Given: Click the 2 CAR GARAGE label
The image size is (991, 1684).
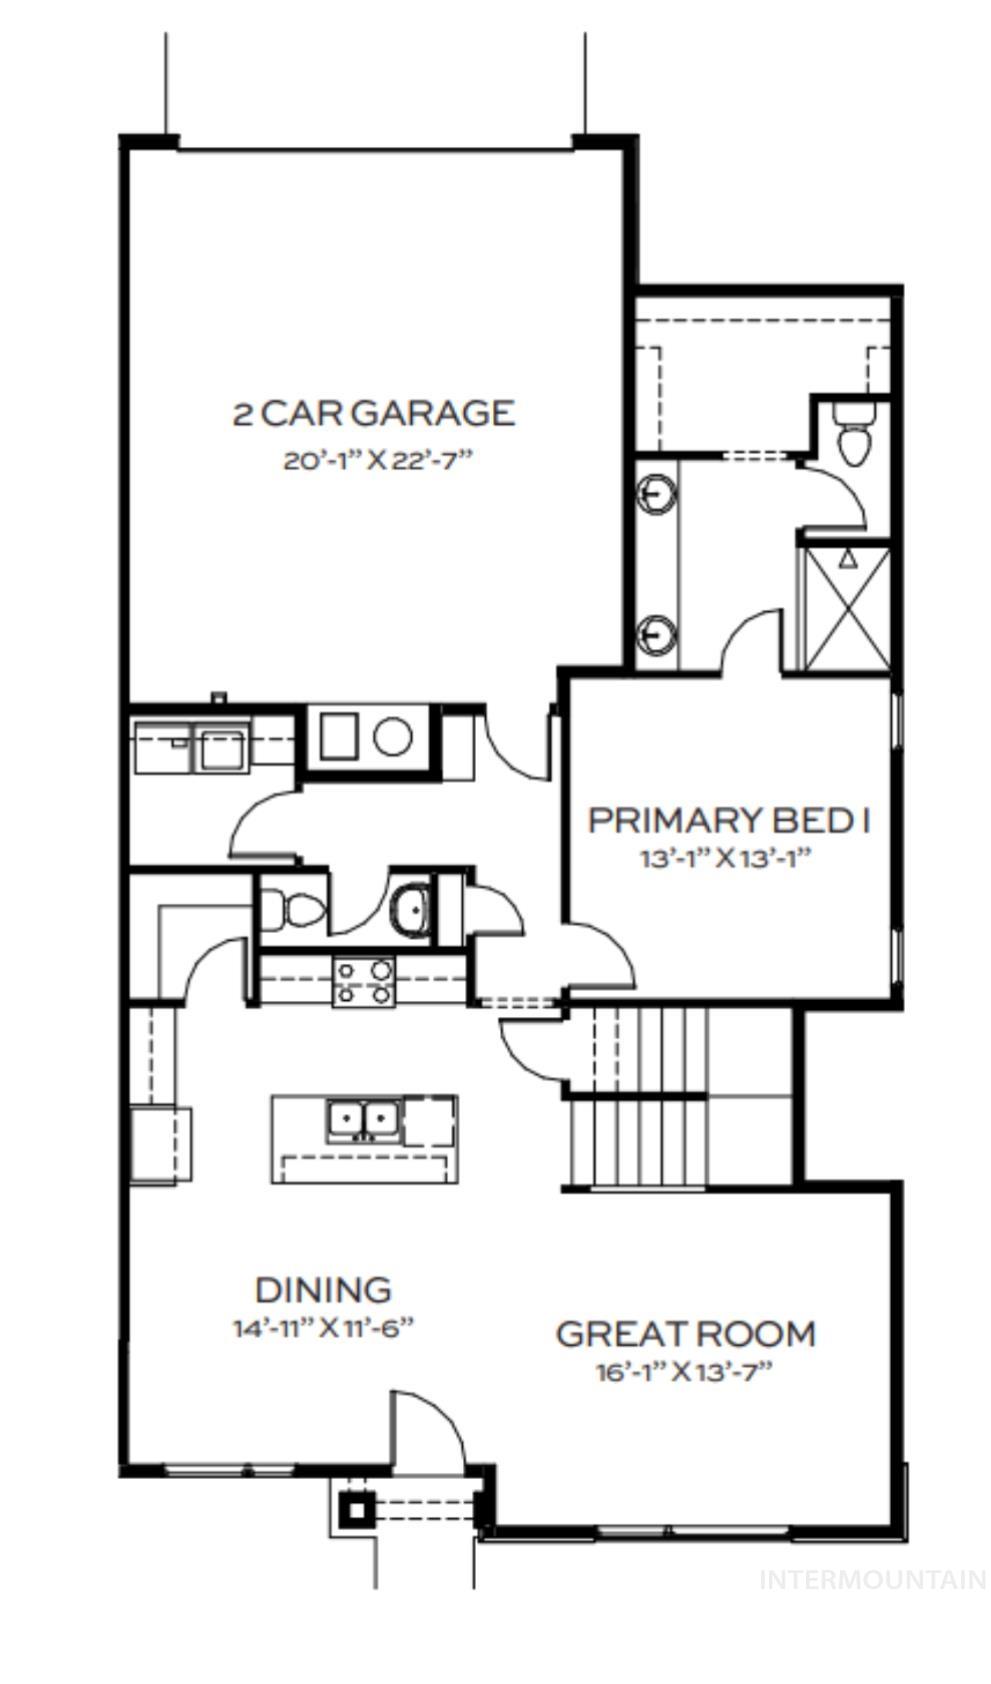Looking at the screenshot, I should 373,413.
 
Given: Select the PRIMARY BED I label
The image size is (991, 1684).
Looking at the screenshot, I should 728,820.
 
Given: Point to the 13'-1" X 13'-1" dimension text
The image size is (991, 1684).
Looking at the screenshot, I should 724,858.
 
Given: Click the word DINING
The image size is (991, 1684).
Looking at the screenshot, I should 323,1290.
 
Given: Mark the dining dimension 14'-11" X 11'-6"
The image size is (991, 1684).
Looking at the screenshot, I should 323,1328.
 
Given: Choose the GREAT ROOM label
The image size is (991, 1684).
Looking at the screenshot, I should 685,1334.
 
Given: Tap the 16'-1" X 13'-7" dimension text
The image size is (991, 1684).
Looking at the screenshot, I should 685,1371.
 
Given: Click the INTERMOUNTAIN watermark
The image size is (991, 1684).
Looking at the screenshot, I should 872,1580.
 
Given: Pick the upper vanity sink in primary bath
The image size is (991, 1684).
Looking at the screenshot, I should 656,494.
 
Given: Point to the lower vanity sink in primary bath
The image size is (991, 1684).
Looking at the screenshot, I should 656,634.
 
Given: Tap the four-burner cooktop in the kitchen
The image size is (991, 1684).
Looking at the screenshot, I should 364,981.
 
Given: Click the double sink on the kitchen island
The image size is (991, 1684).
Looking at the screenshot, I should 363,1118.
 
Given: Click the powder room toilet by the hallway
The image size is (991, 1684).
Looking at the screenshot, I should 294,909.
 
